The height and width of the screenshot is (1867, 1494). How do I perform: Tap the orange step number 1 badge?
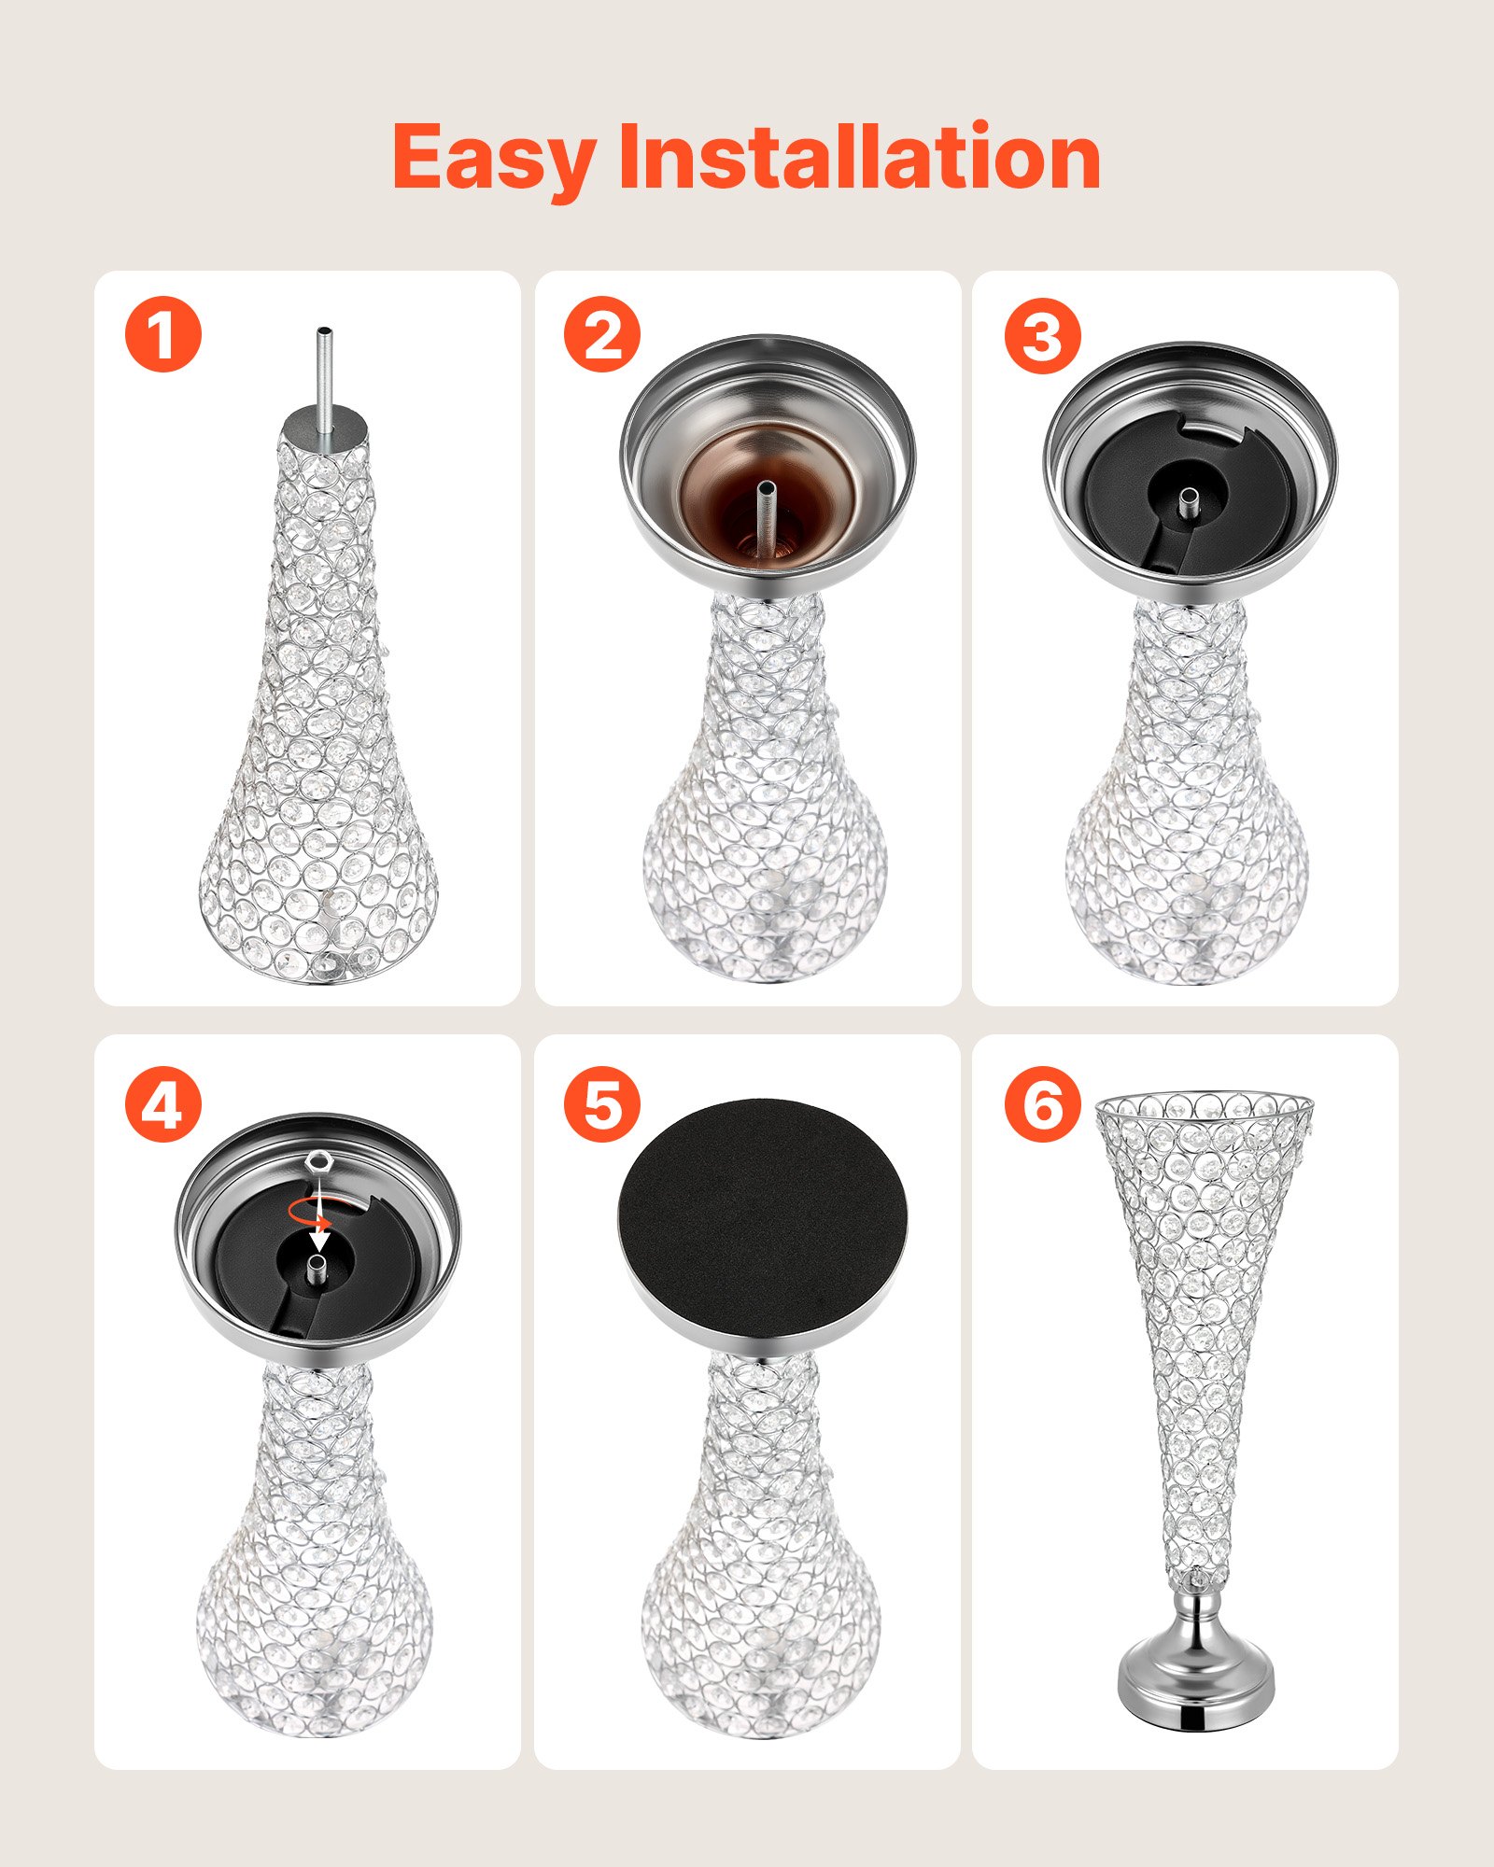pyautogui.click(x=163, y=334)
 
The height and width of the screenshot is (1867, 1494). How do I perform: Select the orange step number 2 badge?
pyautogui.click(x=602, y=334)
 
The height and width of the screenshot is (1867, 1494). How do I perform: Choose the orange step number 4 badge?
pyautogui.click(x=163, y=1105)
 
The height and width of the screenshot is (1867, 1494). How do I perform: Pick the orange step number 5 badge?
pyautogui.click(x=602, y=1105)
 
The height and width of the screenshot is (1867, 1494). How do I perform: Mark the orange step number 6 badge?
pyautogui.click(x=1042, y=1103)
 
